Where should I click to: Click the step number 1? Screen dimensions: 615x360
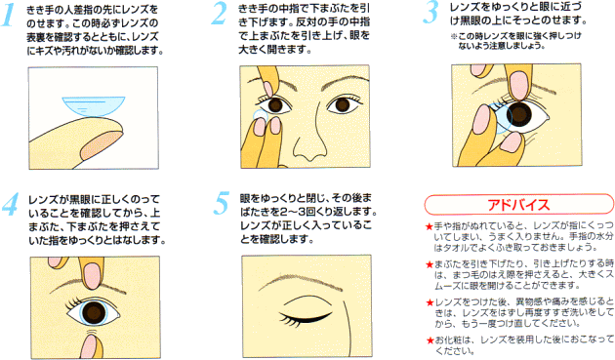coord(9,16)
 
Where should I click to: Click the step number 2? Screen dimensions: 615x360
coord(219,14)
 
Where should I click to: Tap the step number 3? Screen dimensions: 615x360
coord(430,13)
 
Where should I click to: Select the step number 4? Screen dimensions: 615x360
coord(10,204)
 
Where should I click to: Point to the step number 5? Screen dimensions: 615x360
coord(222,203)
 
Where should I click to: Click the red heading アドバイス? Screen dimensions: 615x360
coord(518,205)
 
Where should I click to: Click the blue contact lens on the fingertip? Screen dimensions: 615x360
coord(94,106)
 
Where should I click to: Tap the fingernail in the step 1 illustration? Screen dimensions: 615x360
coord(101,145)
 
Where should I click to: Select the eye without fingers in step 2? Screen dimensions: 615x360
coord(343,104)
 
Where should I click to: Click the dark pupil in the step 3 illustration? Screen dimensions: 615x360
coord(519,114)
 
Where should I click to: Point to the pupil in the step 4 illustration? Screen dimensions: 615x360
coord(94,312)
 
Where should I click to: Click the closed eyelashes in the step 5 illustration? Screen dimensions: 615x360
coord(305,318)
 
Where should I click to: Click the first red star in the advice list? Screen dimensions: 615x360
coord(430,226)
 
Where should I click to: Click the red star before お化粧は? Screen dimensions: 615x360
coord(430,340)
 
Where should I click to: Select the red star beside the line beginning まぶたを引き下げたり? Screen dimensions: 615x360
coord(430,264)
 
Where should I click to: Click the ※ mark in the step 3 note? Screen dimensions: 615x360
coord(454,36)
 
